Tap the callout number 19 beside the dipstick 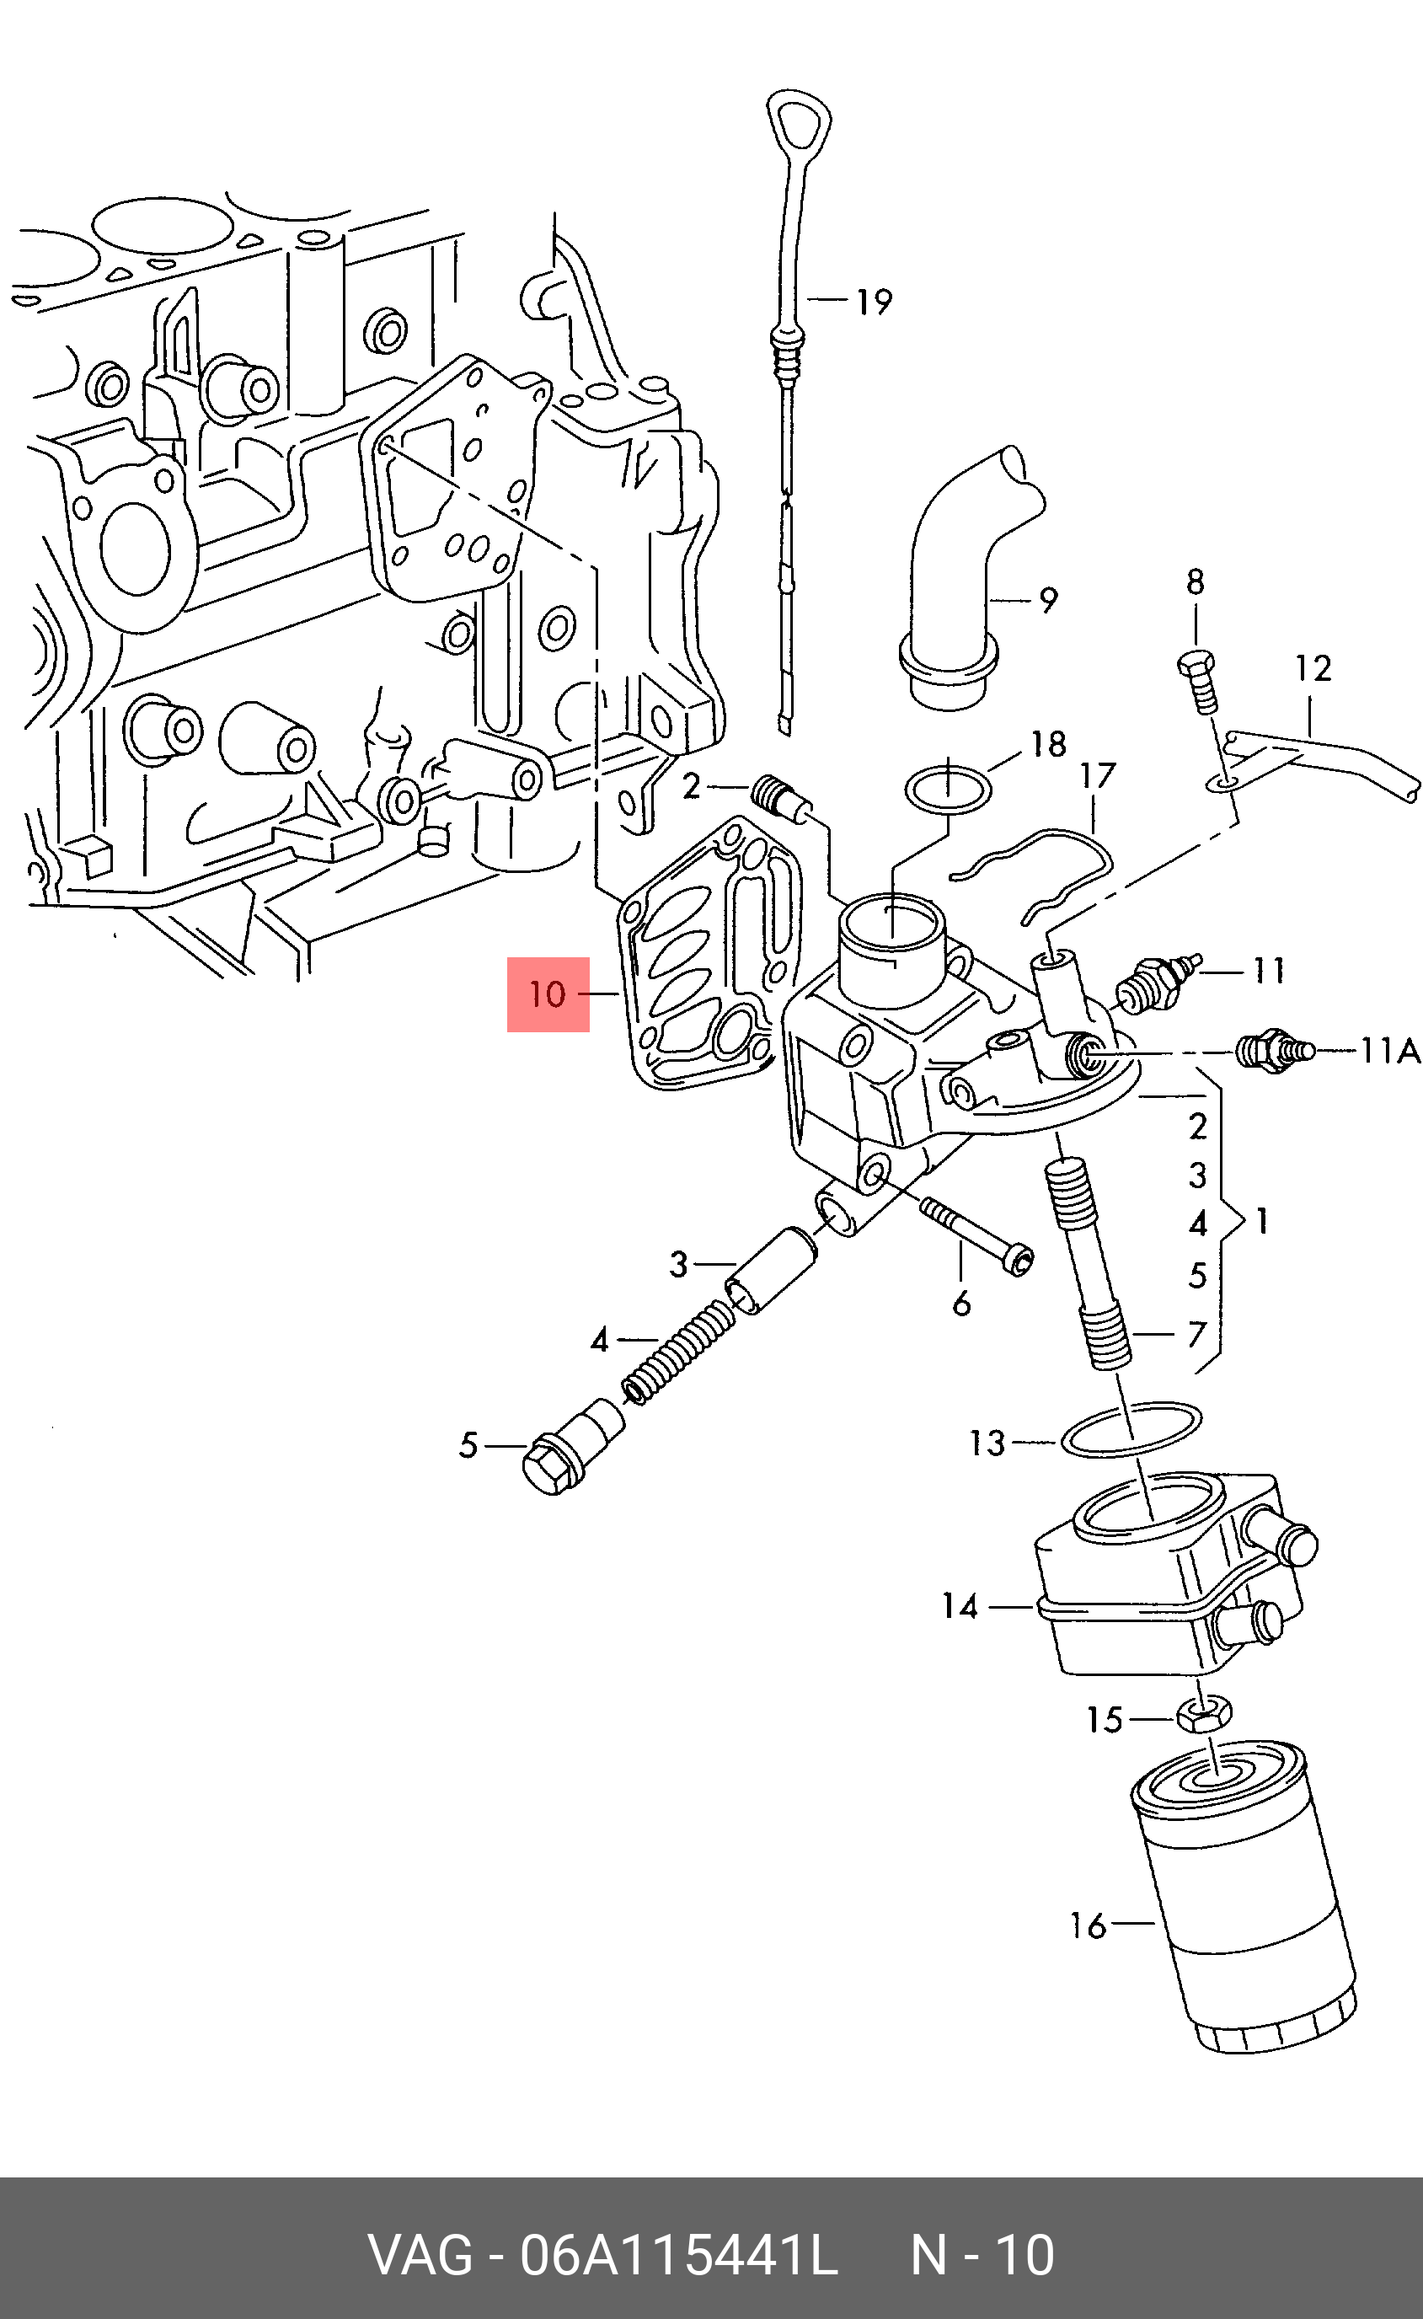pos(874,303)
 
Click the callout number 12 pos(1313,668)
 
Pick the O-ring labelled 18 pos(948,790)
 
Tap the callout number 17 pos(1097,775)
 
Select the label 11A pos(1389,1050)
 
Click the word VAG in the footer pos(420,2256)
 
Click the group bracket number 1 pos(1262,1222)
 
